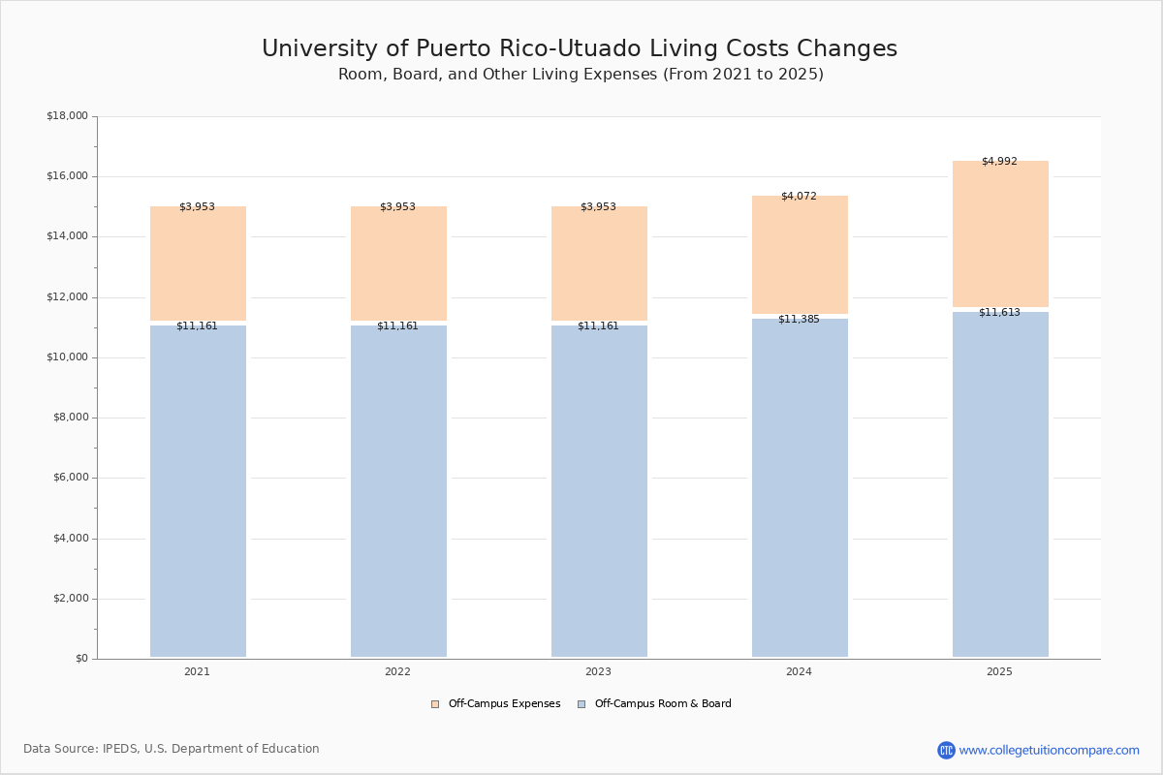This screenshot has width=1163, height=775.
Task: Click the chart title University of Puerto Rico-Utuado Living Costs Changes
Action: pyautogui.click(x=580, y=48)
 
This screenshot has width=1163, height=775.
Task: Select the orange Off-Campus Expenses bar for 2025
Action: pyautogui.click(x=1000, y=233)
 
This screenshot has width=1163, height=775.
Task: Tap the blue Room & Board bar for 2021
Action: pyautogui.click(x=198, y=491)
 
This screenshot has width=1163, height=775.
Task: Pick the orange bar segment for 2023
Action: pyautogui.click(x=599, y=263)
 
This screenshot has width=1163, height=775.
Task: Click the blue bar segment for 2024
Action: pyautogui.click(x=800, y=488)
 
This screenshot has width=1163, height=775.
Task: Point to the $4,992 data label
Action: pyautogui.click(x=999, y=161)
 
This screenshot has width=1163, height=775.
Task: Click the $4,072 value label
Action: pyautogui.click(x=799, y=196)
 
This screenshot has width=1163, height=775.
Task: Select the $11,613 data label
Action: pyautogui.click(x=999, y=312)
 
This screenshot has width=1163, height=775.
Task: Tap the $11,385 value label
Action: pyautogui.click(x=799, y=319)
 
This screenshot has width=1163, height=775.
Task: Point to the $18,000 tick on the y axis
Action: pyautogui.click(x=68, y=115)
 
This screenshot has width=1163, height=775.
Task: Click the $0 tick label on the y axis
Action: pyautogui.click(x=82, y=658)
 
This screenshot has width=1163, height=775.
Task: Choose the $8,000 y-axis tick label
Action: pyautogui.click(x=71, y=418)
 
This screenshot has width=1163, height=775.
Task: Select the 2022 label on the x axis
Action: pyautogui.click(x=397, y=671)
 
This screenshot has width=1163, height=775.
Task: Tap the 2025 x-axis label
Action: pyautogui.click(x=999, y=671)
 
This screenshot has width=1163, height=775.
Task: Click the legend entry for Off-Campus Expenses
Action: pyautogui.click(x=496, y=704)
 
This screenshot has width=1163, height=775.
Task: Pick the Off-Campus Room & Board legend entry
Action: pyautogui.click(x=655, y=704)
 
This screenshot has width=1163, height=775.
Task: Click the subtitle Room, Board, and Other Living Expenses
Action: pyautogui.click(x=497, y=75)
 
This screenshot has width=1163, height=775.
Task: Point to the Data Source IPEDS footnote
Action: pyautogui.click(x=172, y=749)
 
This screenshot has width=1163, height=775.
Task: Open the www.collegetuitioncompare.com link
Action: pyautogui.click(x=1049, y=750)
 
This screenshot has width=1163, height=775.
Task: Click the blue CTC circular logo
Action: pyautogui.click(x=946, y=750)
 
